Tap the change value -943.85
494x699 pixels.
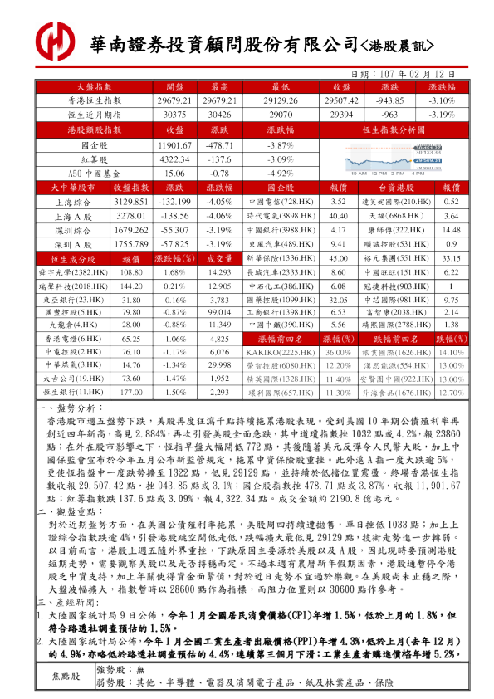[389, 100]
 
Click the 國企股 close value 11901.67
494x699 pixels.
[174, 144]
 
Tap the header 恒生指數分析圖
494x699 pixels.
[387, 130]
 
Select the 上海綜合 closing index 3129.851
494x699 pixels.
[130, 202]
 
